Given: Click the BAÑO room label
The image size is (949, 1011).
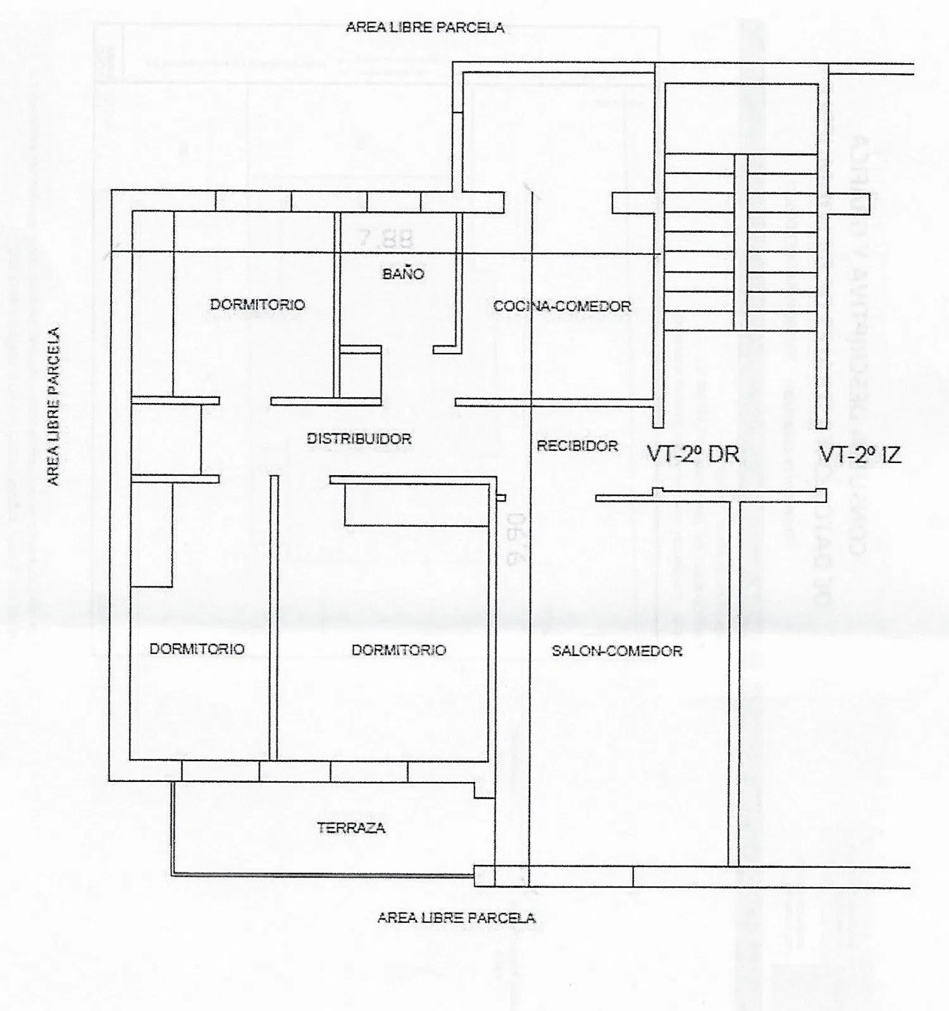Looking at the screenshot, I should pos(403,274).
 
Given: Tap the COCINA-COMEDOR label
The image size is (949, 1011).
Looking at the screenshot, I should pos(562,306).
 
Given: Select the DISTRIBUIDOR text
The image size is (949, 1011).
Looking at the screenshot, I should pos(359,438).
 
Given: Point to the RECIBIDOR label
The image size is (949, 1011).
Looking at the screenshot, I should pos(577,446).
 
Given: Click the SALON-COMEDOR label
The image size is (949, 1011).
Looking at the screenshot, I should pos(617,651).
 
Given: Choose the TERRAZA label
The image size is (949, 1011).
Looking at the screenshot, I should pos(351,828).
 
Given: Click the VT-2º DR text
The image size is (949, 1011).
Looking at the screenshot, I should pos(693,454).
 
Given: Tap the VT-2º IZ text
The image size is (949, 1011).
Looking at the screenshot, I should pos(860,454).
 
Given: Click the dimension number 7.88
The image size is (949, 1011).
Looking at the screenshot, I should pos(386,239).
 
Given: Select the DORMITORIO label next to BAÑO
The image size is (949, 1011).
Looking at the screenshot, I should pos(257,304).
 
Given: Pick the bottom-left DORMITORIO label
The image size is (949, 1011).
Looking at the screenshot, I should pos(197,648).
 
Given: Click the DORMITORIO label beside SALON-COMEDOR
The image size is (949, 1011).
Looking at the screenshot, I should pos(399,650).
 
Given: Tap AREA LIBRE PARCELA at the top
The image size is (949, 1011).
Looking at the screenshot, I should pos(425,27).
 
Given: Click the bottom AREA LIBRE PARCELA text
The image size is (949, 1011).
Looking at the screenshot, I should pos(456,917).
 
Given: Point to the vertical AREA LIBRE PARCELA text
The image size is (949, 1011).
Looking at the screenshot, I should pos(54,406).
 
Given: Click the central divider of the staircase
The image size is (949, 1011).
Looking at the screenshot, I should pos(741,242).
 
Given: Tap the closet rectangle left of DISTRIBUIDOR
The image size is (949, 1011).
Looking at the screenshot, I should pos(166,438).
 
